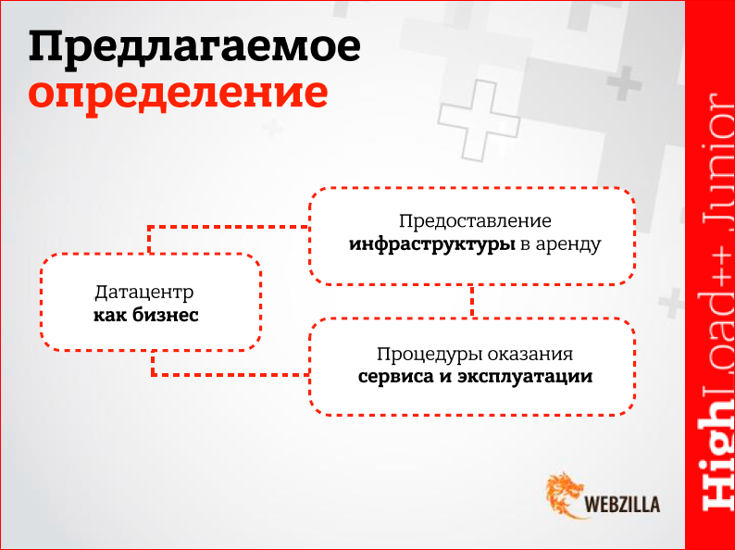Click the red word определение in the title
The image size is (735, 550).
pos(177,94)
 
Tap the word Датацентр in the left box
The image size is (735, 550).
pos(144,293)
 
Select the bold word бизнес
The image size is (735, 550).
pos(169,316)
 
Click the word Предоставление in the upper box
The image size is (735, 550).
pos(475,222)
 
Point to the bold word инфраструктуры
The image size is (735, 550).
pos(431,245)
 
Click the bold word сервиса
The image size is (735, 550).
pos(392,378)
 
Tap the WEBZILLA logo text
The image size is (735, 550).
pos(623,505)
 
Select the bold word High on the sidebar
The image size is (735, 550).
pos(711,463)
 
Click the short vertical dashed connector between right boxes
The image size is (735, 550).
pos(472,300)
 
